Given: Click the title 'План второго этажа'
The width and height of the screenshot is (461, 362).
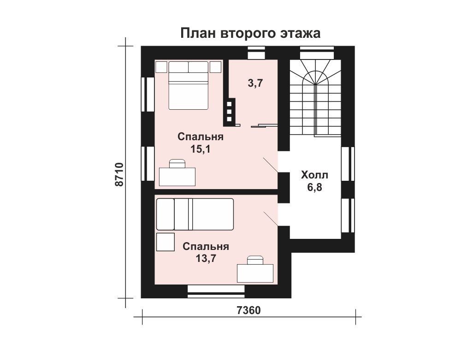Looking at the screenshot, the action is (250, 33).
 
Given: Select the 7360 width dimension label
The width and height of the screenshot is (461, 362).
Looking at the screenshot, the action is (248, 310).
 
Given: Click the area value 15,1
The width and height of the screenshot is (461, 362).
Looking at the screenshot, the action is (200, 149).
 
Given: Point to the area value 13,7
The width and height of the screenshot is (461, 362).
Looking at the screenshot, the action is (206, 259).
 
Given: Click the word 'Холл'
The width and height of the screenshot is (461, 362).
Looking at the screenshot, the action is (314, 175).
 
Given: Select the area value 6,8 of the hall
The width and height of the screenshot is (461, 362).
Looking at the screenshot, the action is (314, 187).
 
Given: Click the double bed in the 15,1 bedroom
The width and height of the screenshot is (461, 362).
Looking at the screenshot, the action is (189, 85).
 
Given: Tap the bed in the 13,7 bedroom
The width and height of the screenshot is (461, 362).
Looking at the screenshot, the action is (195, 214).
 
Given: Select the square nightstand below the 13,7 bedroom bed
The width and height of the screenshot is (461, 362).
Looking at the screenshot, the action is (165, 242).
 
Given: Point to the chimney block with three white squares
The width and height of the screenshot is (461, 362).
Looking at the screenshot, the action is (230, 112).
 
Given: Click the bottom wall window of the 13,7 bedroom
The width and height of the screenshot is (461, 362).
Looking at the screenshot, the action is (216, 291).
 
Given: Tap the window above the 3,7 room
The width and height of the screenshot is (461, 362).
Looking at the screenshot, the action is (256, 53).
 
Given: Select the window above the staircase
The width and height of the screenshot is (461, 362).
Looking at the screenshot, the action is (317, 53).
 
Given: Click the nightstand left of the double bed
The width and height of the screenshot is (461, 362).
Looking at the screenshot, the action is (161, 67).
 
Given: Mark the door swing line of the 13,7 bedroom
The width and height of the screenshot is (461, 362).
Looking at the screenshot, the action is (271, 219).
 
